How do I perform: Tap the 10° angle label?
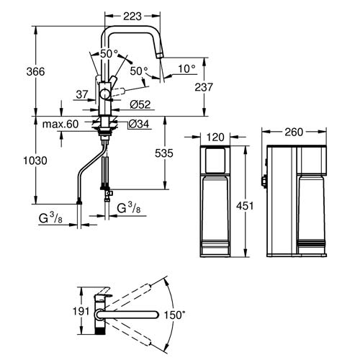pos(187,68)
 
